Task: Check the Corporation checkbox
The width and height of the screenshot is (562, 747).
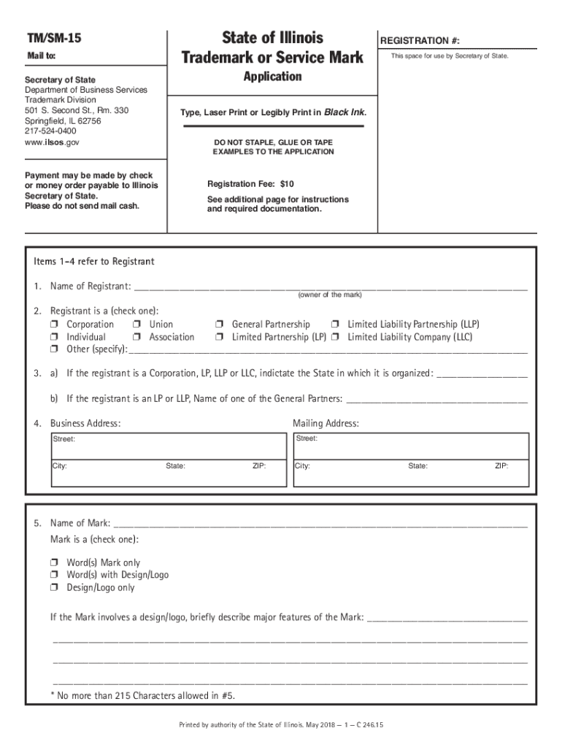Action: [x=55, y=325]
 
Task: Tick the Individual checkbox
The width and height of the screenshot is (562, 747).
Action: [x=55, y=338]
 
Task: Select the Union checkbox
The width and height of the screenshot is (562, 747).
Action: [x=137, y=325]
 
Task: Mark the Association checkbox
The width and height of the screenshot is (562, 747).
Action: [x=137, y=338]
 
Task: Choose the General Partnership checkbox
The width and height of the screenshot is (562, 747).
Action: [x=219, y=325]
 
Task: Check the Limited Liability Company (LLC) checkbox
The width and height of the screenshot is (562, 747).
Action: [x=335, y=338]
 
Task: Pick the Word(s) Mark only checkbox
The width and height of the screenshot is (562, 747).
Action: [x=55, y=563]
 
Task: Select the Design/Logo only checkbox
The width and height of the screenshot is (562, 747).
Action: [x=55, y=588]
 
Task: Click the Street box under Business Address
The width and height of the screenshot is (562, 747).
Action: [x=168, y=445]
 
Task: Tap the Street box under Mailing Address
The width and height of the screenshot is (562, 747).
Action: [x=410, y=445]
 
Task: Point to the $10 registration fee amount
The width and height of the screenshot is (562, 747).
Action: [x=287, y=185]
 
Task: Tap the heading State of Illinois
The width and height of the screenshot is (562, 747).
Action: [x=272, y=37]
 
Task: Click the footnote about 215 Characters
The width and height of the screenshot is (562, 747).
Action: [x=142, y=696]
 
